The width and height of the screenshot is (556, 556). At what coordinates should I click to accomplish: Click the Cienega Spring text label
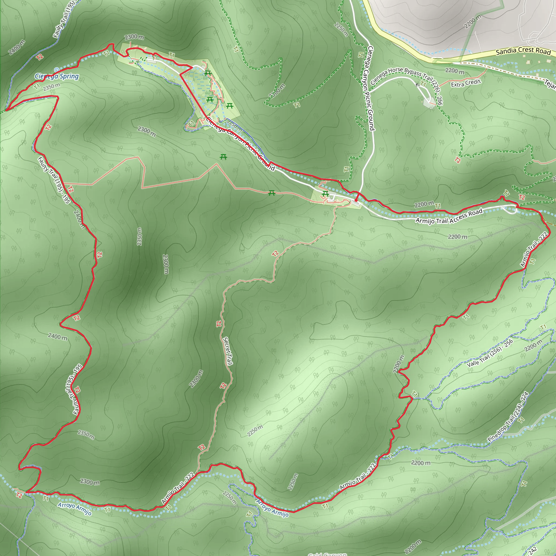[57, 76]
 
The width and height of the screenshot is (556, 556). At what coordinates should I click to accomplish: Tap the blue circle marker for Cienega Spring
[57, 70]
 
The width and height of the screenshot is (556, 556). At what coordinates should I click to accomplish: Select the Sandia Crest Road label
[523, 51]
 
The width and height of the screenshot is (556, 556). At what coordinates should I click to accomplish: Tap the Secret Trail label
[228, 351]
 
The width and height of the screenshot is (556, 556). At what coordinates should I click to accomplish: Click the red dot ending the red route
[356, 200]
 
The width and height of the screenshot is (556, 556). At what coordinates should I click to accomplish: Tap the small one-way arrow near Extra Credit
[418, 85]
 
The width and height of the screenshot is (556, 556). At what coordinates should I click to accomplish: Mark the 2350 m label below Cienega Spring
[52, 87]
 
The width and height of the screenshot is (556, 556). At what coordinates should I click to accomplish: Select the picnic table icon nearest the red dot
[326, 194]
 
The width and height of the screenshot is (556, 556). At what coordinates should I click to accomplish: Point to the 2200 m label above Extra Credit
[455, 71]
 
